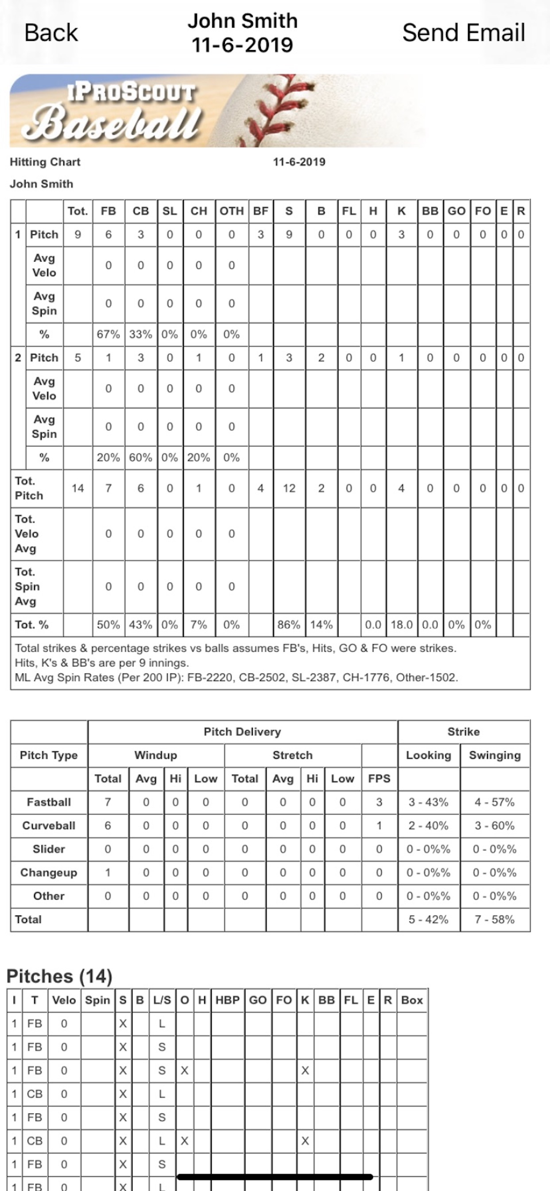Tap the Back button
coord(51,33)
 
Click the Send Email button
coord(463,33)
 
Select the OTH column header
coord(232,211)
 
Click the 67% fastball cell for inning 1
coord(108,334)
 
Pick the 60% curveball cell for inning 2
coord(140,458)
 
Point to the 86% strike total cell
coord(289,625)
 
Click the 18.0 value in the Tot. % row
coord(401,625)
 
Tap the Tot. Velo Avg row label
coord(27,534)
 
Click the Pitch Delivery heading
coord(242,732)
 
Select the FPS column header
coord(379,778)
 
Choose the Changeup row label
coord(49,872)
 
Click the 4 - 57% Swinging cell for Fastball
coord(494,802)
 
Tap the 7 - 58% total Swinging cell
coord(494,919)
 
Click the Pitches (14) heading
coord(60,977)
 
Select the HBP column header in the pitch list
coord(227,1000)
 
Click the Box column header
coord(412,1000)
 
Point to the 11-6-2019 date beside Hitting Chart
coord(299,162)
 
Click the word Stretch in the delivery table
coord(293,755)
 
